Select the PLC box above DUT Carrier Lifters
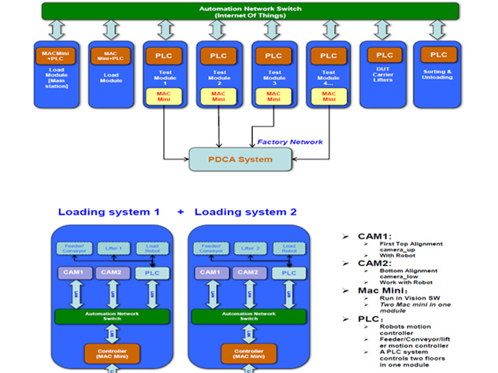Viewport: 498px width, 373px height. [385, 55]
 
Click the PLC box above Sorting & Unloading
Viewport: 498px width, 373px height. [438, 55]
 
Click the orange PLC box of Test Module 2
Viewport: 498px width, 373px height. [218, 57]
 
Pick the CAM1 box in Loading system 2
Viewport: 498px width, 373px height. [210, 272]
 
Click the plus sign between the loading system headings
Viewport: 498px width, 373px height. [180, 212]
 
